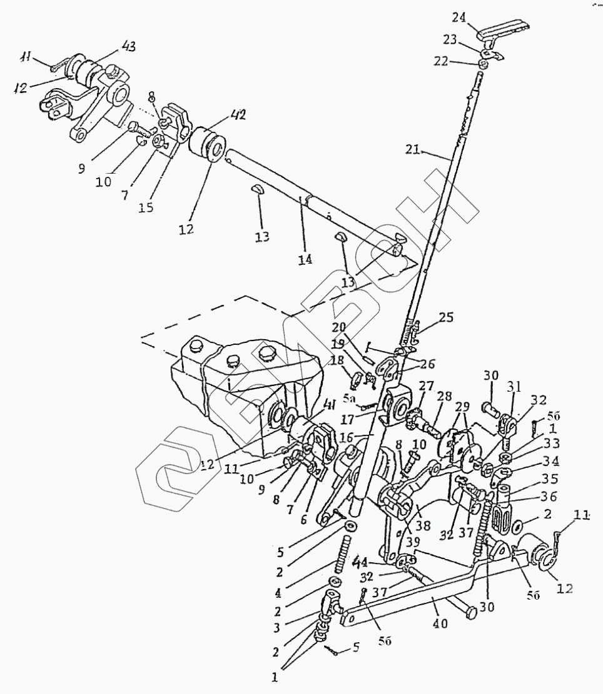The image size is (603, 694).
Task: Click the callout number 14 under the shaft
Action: [x=306, y=258]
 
